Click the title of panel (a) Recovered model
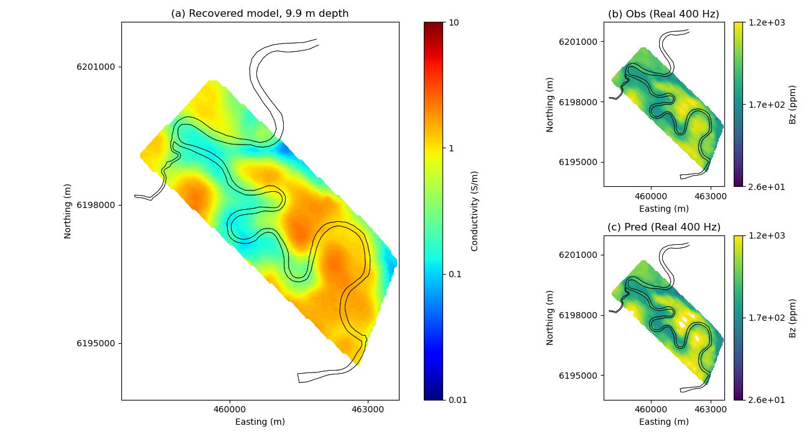260,14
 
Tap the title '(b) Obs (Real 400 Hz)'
663,14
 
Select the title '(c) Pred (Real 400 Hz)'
663,227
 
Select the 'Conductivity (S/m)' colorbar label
475,211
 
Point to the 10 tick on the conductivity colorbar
454,22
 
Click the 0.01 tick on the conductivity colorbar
457,400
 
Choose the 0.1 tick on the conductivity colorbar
455,274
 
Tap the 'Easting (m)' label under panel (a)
260,422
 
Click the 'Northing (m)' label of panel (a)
68,211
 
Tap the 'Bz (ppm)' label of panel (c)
792,318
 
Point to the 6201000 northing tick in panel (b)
578,42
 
